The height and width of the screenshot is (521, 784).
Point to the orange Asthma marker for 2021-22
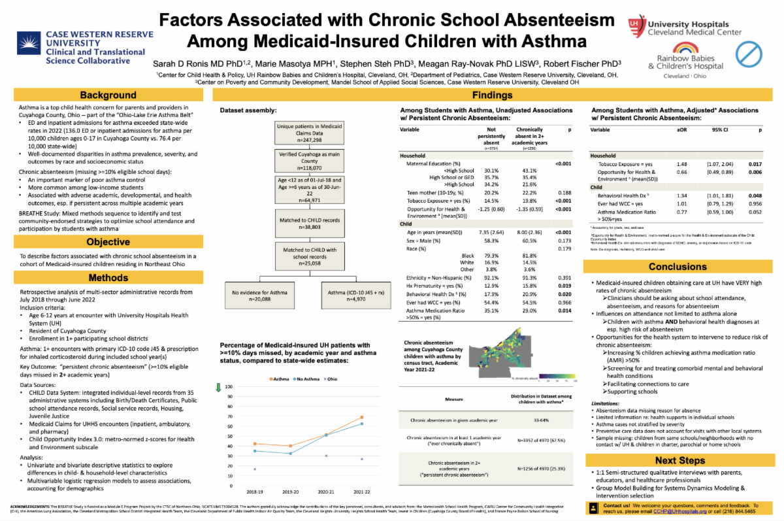(x=361, y=417)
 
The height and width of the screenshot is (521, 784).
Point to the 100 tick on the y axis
(x=229, y=387)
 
